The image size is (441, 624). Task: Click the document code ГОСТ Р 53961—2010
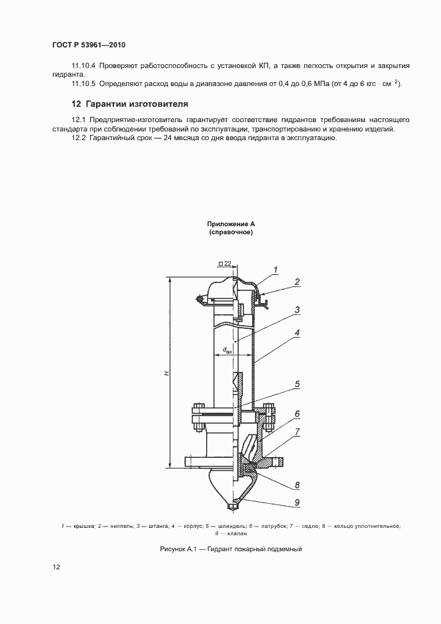pyautogui.click(x=89, y=45)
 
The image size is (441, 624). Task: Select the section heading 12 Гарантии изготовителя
pyautogui.click(x=129, y=104)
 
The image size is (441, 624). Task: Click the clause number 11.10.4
pyautogui.click(x=83, y=66)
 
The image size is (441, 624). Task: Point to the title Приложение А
pyautogui.click(x=232, y=224)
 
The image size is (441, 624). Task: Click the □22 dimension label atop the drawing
pyautogui.click(x=225, y=264)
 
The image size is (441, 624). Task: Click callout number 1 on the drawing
pyautogui.click(x=274, y=269)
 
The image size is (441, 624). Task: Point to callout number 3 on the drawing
pyautogui.click(x=297, y=310)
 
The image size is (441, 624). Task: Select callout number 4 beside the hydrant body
pyautogui.click(x=297, y=332)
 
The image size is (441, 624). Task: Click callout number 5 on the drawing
pyautogui.click(x=297, y=384)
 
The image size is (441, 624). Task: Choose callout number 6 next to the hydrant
pyautogui.click(x=297, y=413)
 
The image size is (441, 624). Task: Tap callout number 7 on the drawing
pyautogui.click(x=297, y=432)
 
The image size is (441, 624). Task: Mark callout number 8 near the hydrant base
pyautogui.click(x=297, y=485)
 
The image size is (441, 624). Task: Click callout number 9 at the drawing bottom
pyautogui.click(x=297, y=503)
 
